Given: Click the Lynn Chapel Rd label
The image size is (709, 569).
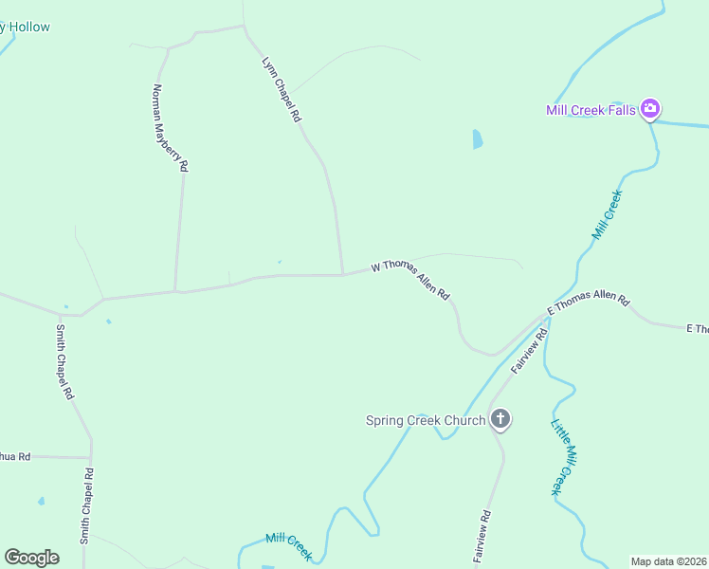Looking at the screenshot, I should click(x=282, y=90).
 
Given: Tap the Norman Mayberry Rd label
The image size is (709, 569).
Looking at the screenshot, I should click(x=171, y=127).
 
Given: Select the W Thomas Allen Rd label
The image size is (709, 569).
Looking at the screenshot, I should click(x=409, y=281).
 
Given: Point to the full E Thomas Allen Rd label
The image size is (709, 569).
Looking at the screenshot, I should click(x=589, y=303).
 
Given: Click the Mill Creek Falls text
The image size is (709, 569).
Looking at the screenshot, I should click(x=591, y=110).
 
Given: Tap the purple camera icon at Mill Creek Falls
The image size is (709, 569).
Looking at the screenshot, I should click(x=650, y=109).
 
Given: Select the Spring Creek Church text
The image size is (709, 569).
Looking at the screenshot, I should click(x=426, y=420).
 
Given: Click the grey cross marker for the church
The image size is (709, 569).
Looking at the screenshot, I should click(x=500, y=419).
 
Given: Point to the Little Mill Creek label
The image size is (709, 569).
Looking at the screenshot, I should click(x=564, y=457).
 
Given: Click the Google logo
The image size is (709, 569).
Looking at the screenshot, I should click(x=31, y=558).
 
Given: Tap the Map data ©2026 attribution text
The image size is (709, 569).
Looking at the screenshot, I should click(x=668, y=561).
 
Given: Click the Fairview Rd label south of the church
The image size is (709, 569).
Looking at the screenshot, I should click(x=482, y=538).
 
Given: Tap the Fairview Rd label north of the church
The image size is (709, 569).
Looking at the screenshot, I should click(x=529, y=351).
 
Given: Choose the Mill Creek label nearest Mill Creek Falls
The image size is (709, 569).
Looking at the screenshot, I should click(x=607, y=214).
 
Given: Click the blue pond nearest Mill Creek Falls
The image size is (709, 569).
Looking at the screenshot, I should click(x=478, y=139).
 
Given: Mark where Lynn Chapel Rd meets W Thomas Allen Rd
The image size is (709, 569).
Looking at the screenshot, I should click(x=343, y=274).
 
